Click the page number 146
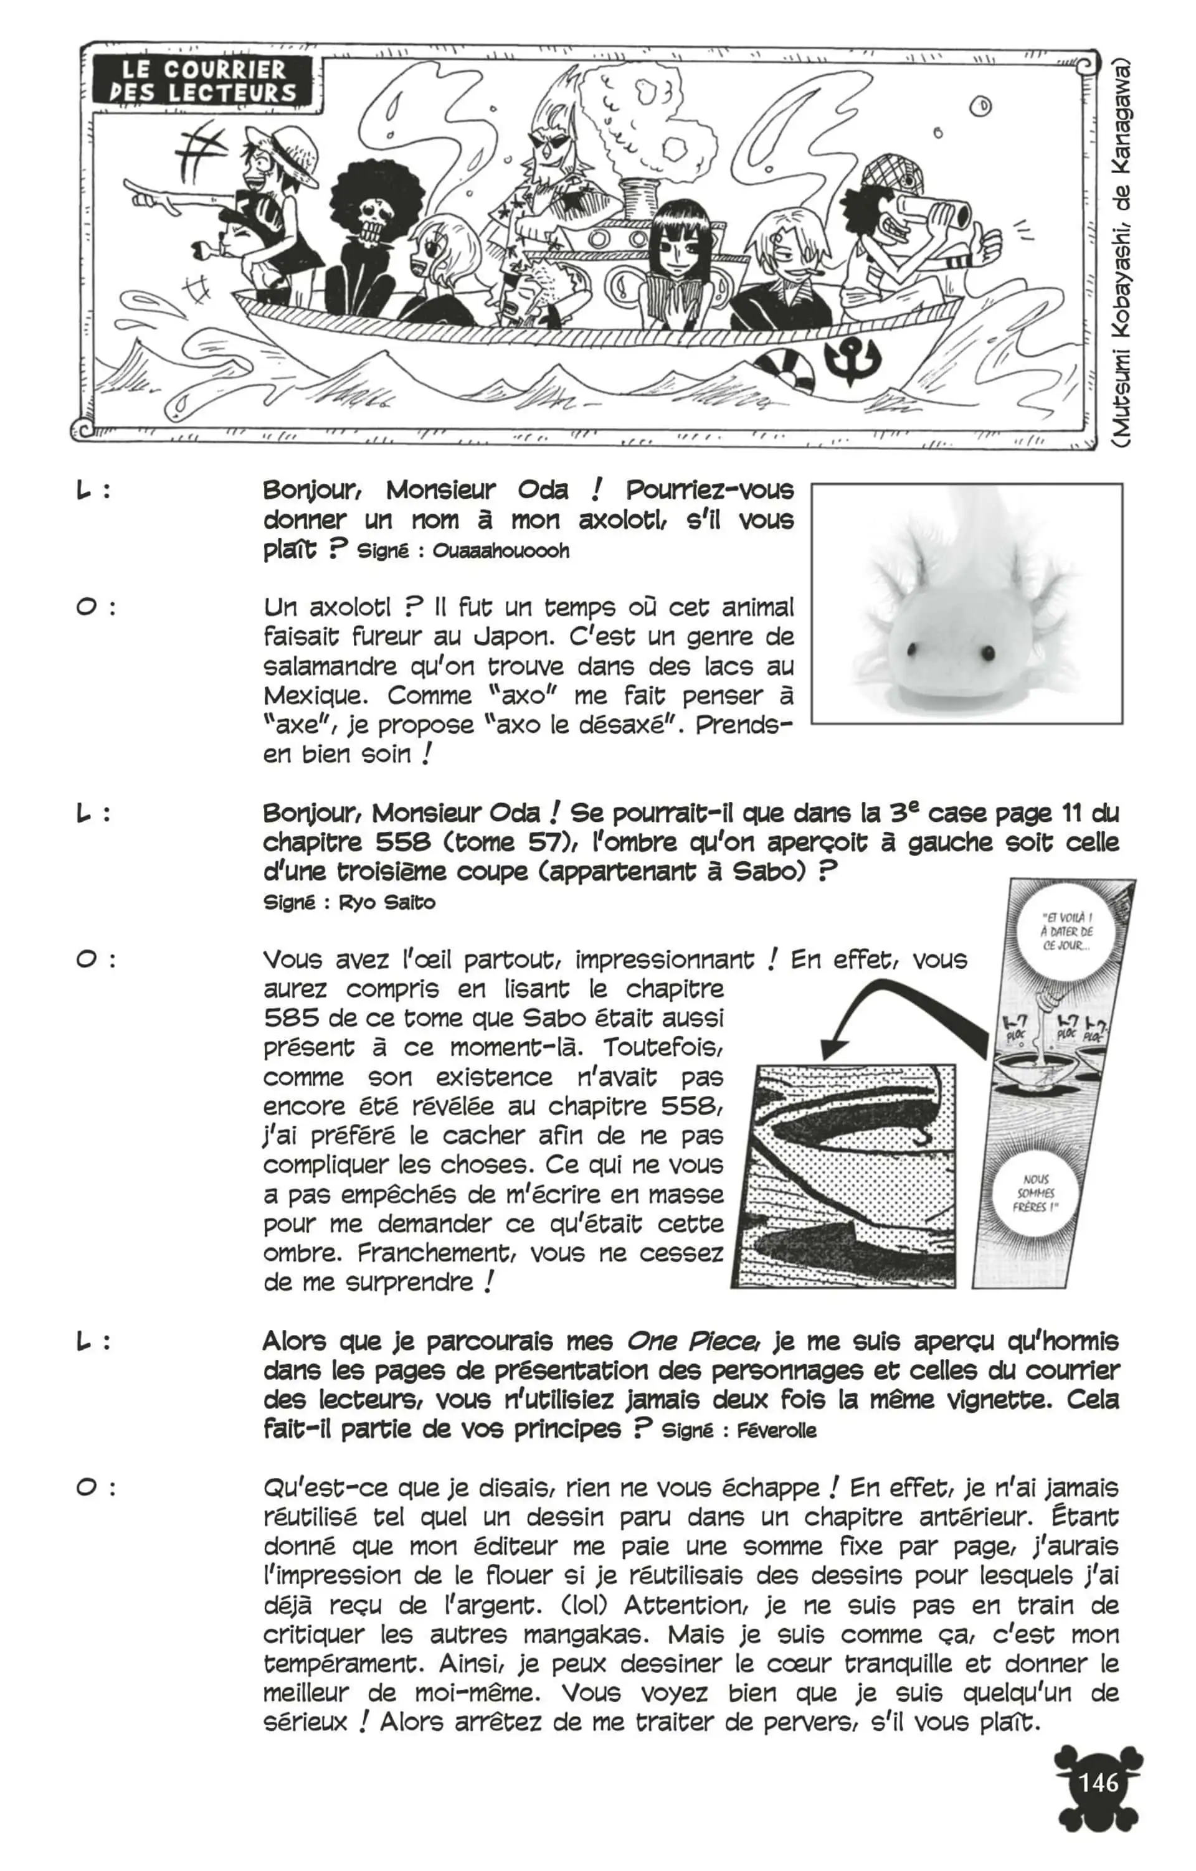(x=1098, y=1781)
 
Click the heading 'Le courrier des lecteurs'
(x=203, y=81)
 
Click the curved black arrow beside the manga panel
(x=894, y=1008)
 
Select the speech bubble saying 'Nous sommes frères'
(x=1037, y=1193)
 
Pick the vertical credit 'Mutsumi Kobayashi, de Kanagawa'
(x=1120, y=253)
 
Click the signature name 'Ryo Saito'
(x=387, y=903)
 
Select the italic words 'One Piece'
(x=691, y=1342)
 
